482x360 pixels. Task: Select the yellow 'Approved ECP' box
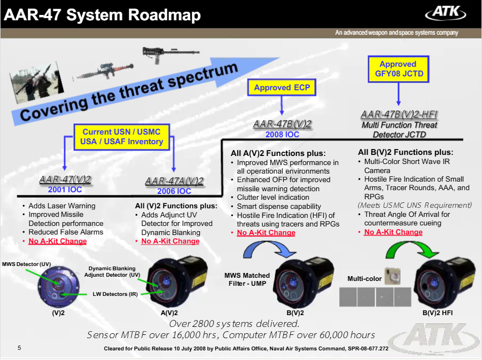pos(282,88)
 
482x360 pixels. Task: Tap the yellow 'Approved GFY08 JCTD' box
pos(399,69)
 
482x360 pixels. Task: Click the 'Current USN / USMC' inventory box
pos(122,137)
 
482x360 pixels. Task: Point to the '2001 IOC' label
pos(65,190)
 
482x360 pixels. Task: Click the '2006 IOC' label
pos(174,191)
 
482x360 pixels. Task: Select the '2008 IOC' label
pos(282,135)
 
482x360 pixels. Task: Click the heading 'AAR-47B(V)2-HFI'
pos(399,114)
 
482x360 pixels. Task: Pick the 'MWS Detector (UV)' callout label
pos(26,264)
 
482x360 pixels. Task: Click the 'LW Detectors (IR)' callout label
pos(115,294)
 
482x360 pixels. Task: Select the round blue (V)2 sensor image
pos(58,287)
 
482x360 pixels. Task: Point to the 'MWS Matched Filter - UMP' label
pos(247,279)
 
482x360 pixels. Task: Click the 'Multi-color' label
pos(364,279)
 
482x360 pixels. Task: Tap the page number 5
pos(19,348)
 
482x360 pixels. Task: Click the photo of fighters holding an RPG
pos(37,82)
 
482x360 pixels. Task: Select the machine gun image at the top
pos(170,54)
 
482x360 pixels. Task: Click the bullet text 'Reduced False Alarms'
pos(66,232)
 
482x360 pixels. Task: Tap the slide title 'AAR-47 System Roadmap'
pos(103,15)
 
